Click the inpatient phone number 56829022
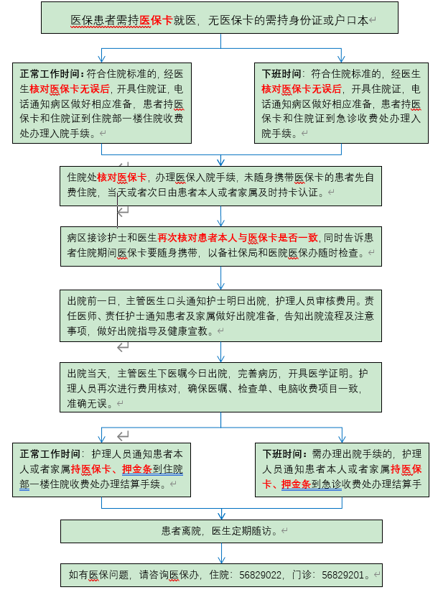tap(260, 575)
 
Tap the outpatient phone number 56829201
tap(343, 575)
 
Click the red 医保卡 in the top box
tap(156, 20)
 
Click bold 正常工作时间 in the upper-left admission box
tap(50, 73)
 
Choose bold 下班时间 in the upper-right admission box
tap(281, 73)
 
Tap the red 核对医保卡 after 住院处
tap(122, 177)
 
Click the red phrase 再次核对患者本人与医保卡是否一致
tap(238, 238)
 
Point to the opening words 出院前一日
tap(91, 301)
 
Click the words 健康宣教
tap(187, 331)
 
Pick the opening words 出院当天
tap(87, 374)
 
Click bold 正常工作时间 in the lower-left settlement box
tap(50, 454)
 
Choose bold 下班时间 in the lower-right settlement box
tap(282, 454)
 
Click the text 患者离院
tap(181, 531)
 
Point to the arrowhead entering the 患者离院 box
tap(221, 517)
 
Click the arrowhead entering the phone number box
tap(221, 560)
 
